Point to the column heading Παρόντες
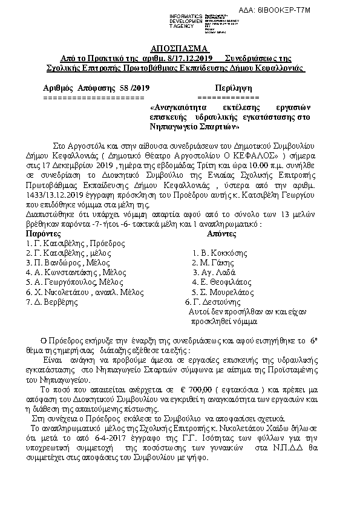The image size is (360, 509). click(44, 233)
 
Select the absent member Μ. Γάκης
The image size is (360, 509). click(213, 263)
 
